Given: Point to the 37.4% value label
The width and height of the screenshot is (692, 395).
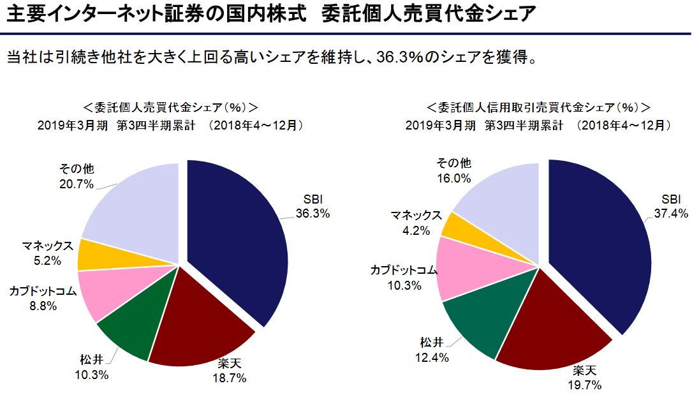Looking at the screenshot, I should click(x=671, y=214).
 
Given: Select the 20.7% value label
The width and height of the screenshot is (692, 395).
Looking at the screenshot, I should click(x=77, y=184).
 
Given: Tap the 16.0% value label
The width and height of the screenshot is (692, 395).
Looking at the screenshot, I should click(x=453, y=178).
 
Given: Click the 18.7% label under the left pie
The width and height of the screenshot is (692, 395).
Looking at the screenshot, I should click(x=228, y=378).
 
